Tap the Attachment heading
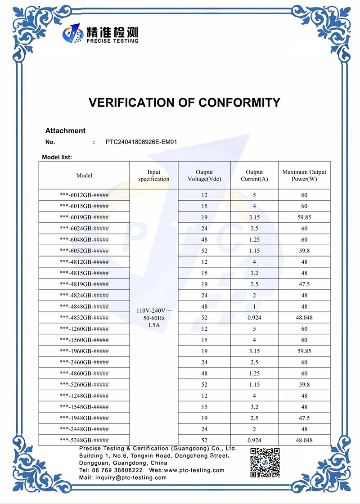click(x=65, y=131)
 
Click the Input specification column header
click(x=154, y=175)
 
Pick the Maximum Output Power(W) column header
click(x=304, y=175)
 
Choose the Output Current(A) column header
click(x=254, y=175)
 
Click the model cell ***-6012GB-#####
click(x=84, y=195)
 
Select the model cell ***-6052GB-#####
click(x=84, y=251)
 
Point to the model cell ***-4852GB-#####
click(x=84, y=318)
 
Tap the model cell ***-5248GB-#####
click(x=84, y=441)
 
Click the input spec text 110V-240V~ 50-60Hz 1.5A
click(x=154, y=318)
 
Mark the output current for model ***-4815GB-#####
click(x=254, y=273)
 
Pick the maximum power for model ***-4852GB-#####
click(x=304, y=318)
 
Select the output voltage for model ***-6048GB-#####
click(x=204, y=240)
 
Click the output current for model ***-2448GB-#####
click(x=254, y=429)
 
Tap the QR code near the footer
click(x=265, y=462)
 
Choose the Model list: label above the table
click(x=57, y=157)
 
